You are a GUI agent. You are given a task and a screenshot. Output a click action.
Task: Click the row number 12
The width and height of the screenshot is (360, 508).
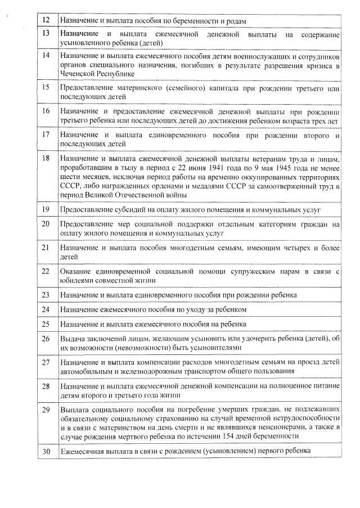coord(47,21)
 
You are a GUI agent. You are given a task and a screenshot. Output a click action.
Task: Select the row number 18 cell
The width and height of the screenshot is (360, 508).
coord(47,159)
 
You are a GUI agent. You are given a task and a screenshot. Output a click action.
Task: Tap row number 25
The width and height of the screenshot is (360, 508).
coord(47,324)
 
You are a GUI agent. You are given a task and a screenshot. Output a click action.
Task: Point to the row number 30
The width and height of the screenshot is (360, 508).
coord(47,451)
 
